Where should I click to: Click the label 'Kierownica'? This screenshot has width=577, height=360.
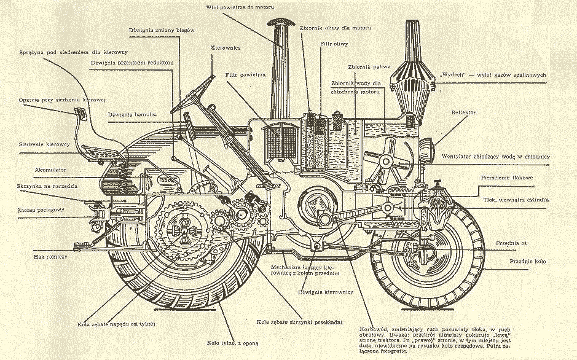coord(226,47)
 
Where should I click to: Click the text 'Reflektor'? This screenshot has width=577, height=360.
coord(464,112)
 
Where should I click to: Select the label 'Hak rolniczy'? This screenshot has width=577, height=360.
coord(51,256)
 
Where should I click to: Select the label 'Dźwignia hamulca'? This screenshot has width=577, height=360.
coord(132,114)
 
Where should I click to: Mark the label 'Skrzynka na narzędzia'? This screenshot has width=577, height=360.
coord(44,186)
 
